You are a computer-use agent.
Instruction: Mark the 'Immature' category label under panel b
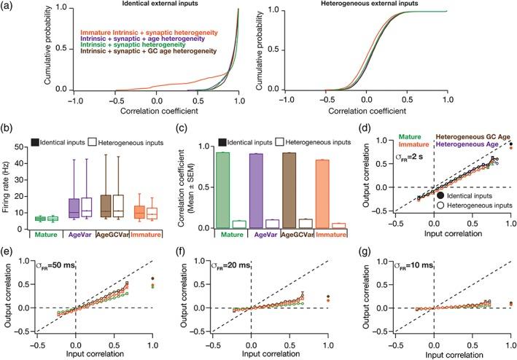point(173,235)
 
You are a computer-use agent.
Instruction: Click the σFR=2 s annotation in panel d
point(447,158)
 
